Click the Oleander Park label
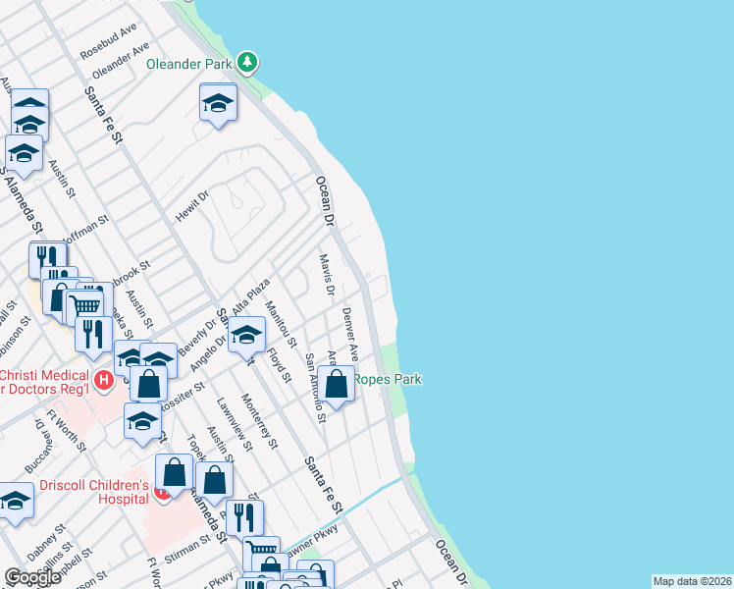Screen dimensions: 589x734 [x=188, y=64]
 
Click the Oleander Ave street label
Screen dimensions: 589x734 [x=121, y=61]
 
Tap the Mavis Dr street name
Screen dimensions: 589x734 [x=327, y=276]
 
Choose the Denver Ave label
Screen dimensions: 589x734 [x=350, y=334]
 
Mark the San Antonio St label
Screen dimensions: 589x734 [x=315, y=389]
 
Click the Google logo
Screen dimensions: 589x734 [x=32, y=577]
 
